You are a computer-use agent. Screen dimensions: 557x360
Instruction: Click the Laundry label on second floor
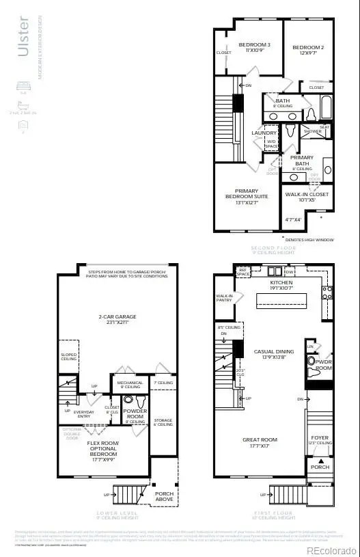264,133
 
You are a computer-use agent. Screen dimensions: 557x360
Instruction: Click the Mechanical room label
129,385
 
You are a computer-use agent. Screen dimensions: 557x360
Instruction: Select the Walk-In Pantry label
225,298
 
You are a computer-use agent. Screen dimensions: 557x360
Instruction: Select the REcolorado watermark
331,550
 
